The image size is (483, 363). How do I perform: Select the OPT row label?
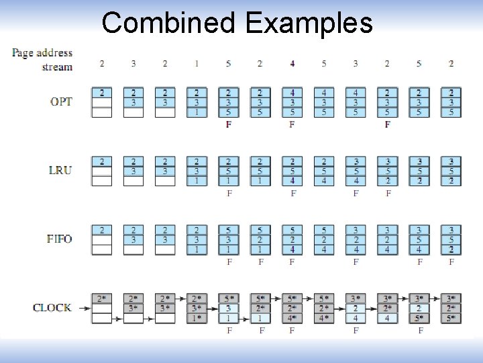click(61, 102)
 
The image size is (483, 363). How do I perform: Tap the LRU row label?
click(60, 170)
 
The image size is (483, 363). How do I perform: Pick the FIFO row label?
click(59, 239)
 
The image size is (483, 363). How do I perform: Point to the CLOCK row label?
click(52, 308)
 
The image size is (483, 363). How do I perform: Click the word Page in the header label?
click(23, 53)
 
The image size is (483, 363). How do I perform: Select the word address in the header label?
click(54, 53)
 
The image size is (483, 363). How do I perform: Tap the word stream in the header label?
click(57, 67)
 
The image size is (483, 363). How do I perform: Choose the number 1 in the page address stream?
click(196, 64)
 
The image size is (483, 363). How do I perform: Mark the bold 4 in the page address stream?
click(292, 64)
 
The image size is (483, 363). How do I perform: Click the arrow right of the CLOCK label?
click(84, 308)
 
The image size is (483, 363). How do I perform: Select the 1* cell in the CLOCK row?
click(196, 318)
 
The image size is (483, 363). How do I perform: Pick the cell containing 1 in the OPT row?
click(196, 112)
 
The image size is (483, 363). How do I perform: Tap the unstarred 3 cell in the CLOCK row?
click(228, 308)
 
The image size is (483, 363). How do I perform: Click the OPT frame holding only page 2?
click(102, 102)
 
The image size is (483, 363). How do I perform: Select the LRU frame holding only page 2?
click(102, 171)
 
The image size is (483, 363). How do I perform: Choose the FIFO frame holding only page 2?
click(102, 240)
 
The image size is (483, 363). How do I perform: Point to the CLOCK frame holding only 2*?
click(102, 308)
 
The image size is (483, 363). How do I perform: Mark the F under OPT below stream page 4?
click(292, 124)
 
